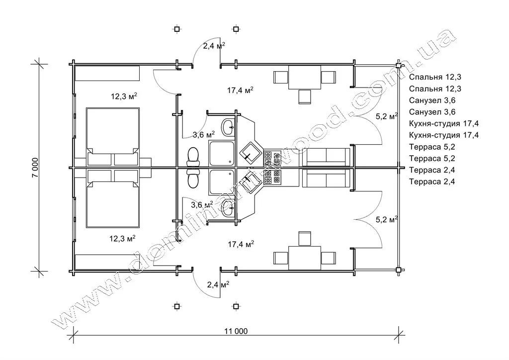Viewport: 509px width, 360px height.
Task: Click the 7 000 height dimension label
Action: [35, 167]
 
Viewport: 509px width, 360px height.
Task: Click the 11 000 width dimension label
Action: [236, 331]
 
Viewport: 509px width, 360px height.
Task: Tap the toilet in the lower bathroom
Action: [193, 179]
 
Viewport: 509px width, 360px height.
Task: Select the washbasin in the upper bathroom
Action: [229, 127]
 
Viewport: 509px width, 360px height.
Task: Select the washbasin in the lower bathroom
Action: [229, 208]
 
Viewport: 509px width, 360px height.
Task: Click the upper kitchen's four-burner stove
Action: [272, 158]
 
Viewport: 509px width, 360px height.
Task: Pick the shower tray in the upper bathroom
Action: [222, 153]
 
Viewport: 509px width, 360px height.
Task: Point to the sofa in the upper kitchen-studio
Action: [326, 157]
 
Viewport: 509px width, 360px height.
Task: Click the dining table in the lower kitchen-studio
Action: [305, 258]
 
